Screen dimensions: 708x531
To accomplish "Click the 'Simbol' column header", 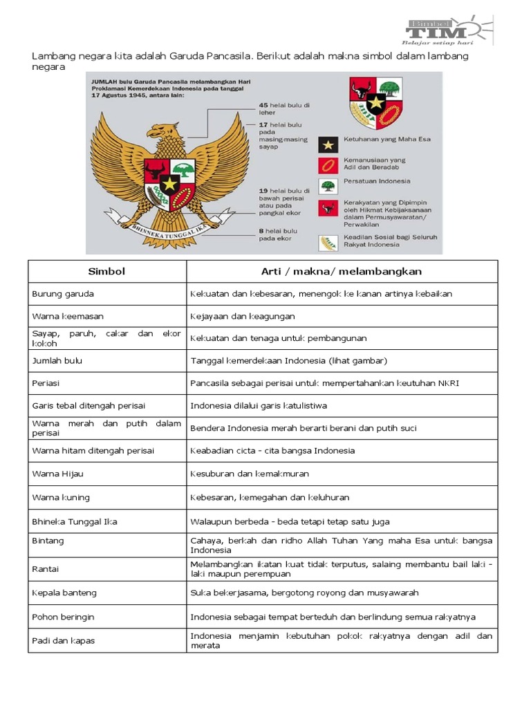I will click(107, 271).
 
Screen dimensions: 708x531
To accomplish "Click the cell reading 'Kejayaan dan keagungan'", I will click(243, 316).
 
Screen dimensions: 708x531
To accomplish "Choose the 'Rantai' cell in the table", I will click(46, 569).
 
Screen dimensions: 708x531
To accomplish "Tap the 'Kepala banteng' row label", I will click(64, 593).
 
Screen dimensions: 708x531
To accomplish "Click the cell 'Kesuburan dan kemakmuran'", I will click(250, 474).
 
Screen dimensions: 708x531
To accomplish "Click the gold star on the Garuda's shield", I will click(169, 183).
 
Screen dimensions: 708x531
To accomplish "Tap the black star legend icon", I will click(327, 144).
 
